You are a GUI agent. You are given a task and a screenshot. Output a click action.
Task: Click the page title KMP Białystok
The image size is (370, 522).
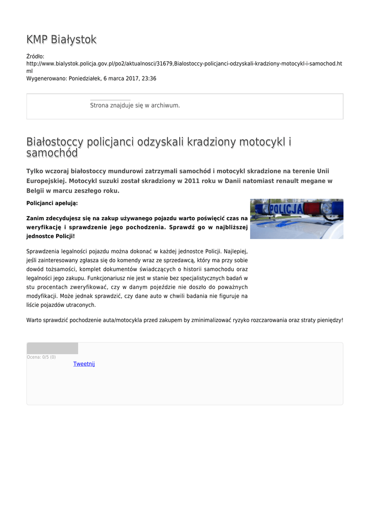click(61, 40)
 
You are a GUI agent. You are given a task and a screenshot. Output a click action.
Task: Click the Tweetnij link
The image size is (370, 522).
click(84, 364)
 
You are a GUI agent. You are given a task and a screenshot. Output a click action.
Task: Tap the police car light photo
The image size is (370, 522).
click(297, 219)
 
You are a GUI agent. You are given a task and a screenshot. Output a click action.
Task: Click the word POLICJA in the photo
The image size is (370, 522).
click(286, 210)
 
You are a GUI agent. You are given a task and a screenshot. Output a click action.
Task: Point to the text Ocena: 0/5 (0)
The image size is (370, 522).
click(41, 357)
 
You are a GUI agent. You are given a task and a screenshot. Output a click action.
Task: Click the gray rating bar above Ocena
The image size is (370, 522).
click(52, 349)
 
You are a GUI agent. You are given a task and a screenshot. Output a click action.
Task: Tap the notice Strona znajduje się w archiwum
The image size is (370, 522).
click(135, 106)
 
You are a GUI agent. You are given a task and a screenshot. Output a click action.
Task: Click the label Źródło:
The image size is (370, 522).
click(36, 56)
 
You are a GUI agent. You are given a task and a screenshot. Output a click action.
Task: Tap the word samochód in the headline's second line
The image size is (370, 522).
click(52, 153)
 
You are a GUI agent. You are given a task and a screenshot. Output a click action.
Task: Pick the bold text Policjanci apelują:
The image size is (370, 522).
click(52, 203)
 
